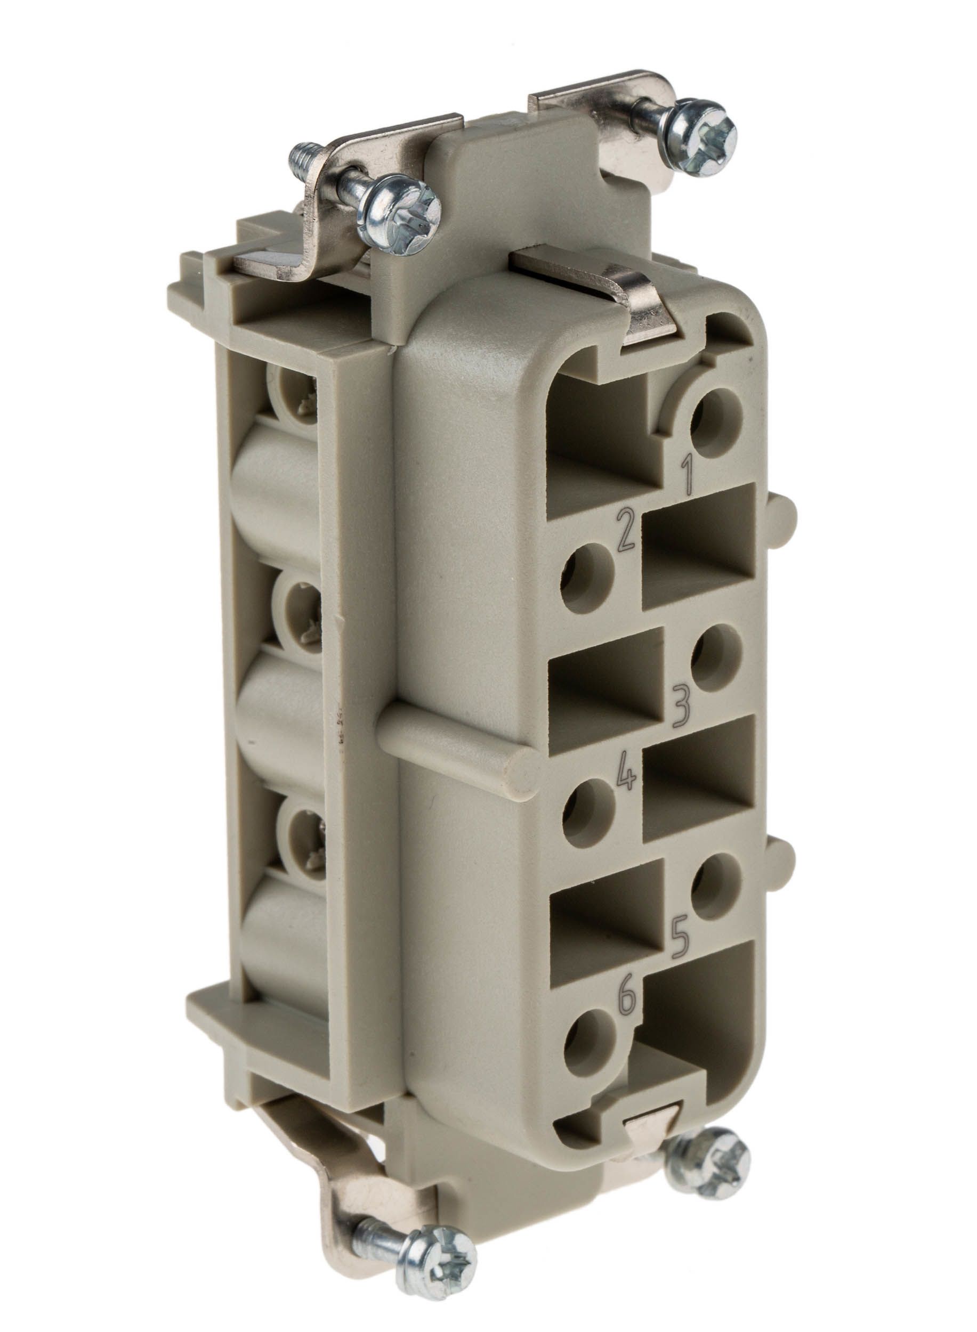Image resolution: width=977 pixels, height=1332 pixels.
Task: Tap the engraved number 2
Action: (626, 530)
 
